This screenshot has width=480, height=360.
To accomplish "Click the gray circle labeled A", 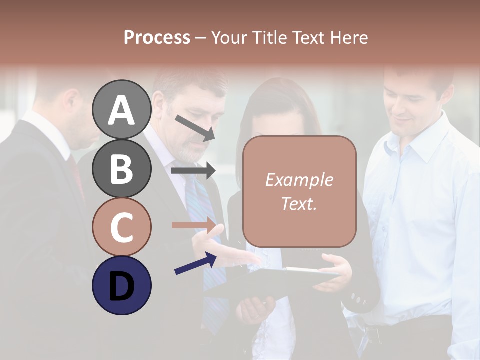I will [x=121, y=110].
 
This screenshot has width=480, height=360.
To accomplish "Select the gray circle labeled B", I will [x=121, y=168].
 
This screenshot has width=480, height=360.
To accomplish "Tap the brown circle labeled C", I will [x=121, y=227].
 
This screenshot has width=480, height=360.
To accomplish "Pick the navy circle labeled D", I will [x=121, y=285].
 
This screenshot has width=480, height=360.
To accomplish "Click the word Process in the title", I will [x=157, y=38].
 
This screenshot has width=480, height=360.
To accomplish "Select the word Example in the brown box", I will [x=299, y=180].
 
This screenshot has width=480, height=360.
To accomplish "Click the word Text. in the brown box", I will [x=299, y=203].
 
